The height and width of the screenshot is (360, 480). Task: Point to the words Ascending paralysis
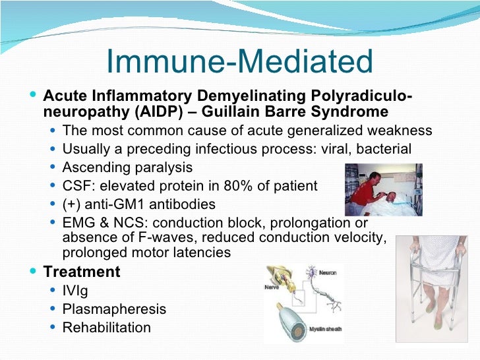[127, 167]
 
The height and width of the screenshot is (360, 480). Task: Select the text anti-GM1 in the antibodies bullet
[113, 204]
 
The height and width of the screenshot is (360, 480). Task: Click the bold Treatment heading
[82, 272]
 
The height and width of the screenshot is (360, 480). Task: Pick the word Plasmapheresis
[114, 309]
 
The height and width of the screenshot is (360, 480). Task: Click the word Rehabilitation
[106, 328]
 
